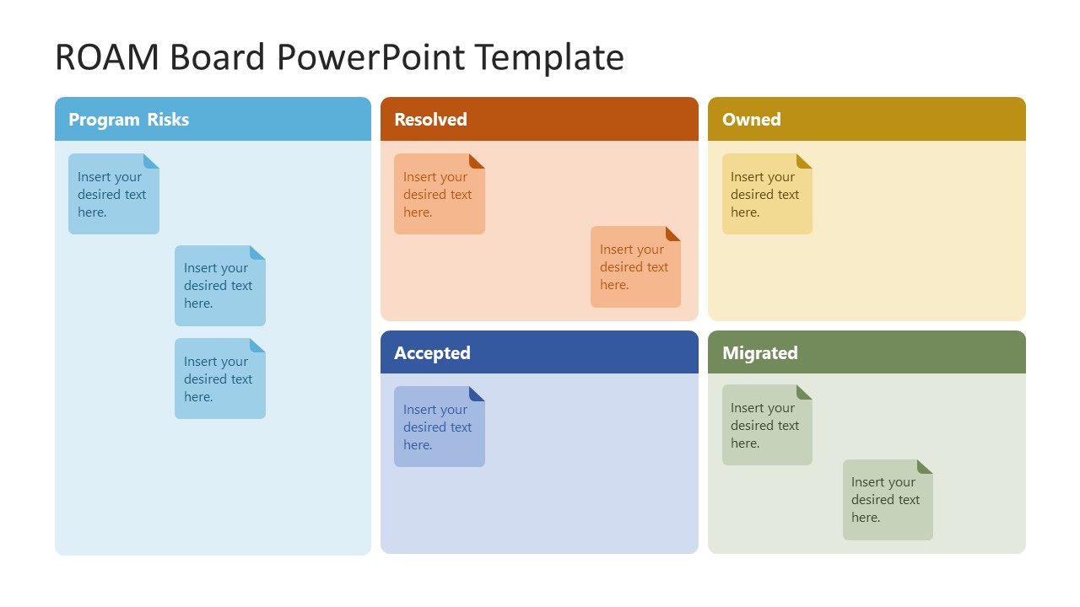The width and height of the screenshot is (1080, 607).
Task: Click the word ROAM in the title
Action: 106,57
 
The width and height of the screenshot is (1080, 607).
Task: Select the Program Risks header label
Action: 128,120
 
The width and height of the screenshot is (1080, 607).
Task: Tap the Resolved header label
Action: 430,120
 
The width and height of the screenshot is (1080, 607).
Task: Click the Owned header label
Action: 751,120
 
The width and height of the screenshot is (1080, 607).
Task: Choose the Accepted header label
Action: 432,353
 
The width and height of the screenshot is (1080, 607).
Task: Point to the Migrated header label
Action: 759,353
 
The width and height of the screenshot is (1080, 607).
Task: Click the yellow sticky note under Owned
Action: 766,195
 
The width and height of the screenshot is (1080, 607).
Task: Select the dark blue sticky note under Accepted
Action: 439,427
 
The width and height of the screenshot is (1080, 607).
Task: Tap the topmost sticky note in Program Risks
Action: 113,195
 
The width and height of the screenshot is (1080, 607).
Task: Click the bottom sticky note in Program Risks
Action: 219,379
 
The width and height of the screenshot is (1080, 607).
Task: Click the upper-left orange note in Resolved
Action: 439,195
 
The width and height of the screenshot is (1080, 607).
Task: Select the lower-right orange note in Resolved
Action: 634,267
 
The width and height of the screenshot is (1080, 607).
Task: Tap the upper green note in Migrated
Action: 766,426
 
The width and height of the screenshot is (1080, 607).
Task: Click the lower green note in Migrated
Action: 887,500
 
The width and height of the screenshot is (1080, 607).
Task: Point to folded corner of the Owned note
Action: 805,160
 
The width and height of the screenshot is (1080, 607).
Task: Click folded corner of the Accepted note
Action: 478,393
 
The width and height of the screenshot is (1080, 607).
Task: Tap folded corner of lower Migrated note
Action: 926,466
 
